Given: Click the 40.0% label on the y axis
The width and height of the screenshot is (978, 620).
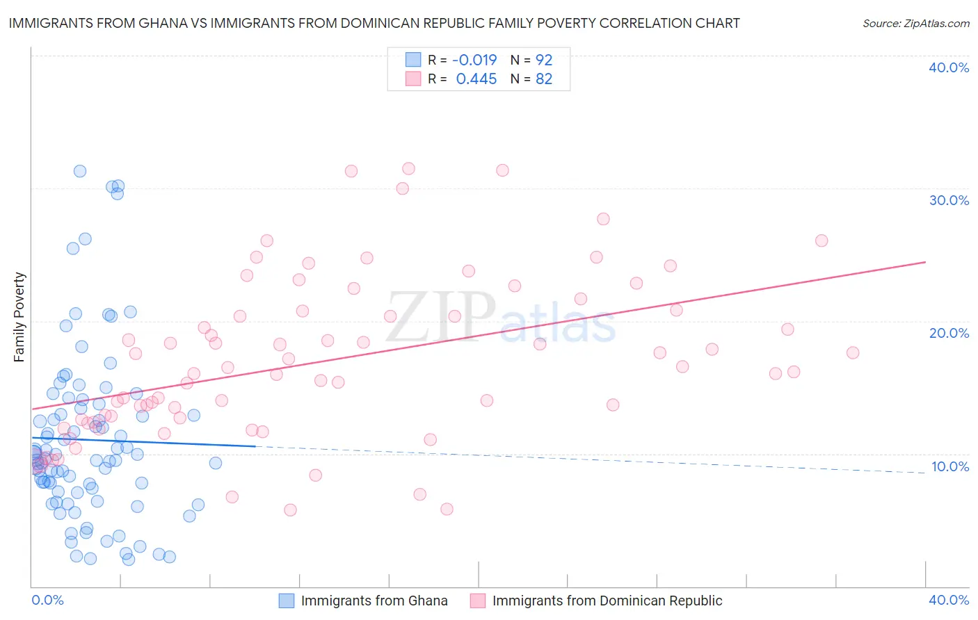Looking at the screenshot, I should coord(949,67).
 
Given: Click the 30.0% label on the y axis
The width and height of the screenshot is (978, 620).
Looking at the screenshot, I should coord(949,200).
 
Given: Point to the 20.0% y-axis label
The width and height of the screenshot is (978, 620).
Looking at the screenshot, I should coord(949,333).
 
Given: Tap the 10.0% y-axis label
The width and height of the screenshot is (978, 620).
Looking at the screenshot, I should coord(949,466).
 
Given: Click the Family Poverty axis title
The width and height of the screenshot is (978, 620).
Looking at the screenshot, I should coord(19,317).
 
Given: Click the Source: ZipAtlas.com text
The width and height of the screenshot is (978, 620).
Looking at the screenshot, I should coord(915,24).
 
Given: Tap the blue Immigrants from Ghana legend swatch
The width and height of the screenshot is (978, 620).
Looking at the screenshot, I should coord(287,601).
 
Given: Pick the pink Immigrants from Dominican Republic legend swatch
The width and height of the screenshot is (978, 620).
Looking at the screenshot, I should coord(478,601).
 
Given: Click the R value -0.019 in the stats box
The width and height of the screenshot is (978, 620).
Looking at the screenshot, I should coord(474,60).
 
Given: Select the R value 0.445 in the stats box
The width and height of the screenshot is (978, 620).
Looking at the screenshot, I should coord(476,79).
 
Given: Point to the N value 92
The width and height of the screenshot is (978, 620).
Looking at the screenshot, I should coord(544,60).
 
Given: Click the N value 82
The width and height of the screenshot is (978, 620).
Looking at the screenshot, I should coord(544,79).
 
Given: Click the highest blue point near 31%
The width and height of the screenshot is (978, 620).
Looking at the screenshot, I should coord(80,171).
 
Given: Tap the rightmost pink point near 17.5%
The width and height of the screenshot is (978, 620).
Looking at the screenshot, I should coord(853,352).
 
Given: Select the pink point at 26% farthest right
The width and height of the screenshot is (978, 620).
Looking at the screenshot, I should coord(821,240).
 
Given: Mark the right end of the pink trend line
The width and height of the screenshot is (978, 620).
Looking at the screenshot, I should coord(925,262).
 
